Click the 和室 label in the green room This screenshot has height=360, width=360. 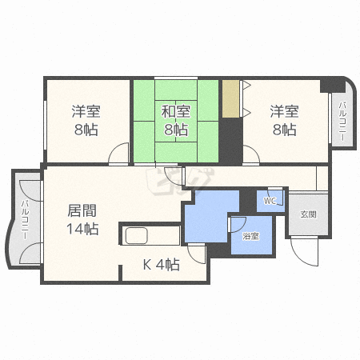click(176, 111)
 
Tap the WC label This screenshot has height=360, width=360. click(270, 201)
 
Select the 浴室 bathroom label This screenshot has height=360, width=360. click(250, 236)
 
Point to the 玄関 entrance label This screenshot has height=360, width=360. click(308, 214)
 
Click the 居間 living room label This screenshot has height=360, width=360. click(82, 210)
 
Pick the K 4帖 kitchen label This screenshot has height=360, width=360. click(162, 265)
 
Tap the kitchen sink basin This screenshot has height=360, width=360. click(137, 236)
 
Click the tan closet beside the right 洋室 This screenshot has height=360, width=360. click(230, 98)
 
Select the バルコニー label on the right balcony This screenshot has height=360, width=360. click(342, 122)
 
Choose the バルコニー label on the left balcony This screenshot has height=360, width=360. click(26, 219)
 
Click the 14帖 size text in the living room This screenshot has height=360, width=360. click(82, 229)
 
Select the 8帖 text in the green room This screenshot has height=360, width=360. click(176, 130)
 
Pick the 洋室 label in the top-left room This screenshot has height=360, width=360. click(86, 111)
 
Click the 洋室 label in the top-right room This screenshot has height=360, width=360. click(284, 111)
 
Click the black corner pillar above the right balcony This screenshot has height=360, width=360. click(332, 86)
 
